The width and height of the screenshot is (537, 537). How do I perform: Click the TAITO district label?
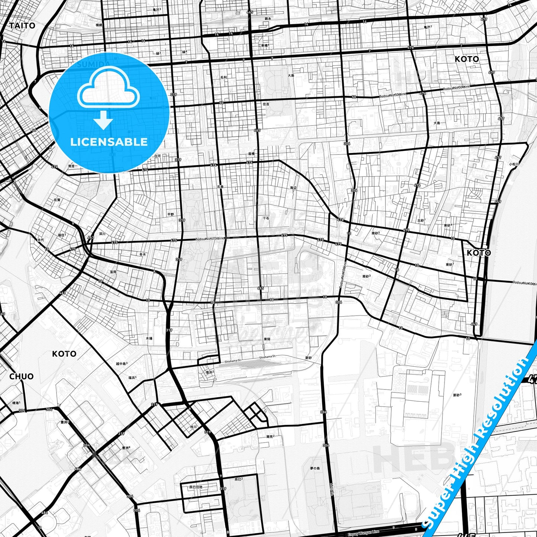(22, 26)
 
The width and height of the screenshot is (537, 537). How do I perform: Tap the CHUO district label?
(21, 376)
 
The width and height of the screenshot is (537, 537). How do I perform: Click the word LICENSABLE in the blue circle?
(109, 142)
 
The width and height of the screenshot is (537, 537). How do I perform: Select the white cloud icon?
(108, 90)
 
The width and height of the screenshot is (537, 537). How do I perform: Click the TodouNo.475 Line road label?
(210, 239)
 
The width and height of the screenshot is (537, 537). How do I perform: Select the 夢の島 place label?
(314, 468)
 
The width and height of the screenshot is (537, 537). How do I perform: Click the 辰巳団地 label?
(196, 487)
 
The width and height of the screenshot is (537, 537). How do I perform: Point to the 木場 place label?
(149, 339)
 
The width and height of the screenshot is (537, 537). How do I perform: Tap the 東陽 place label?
(267, 339)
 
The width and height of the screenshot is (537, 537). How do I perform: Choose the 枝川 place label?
(193, 427)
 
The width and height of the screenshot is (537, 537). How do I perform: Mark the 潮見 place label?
(271, 436)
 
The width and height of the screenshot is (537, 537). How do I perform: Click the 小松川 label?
(514, 164)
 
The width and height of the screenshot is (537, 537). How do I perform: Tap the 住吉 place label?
(266, 104)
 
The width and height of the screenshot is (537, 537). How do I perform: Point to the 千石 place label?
(266, 218)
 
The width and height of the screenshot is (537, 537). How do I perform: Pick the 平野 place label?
(171, 214)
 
